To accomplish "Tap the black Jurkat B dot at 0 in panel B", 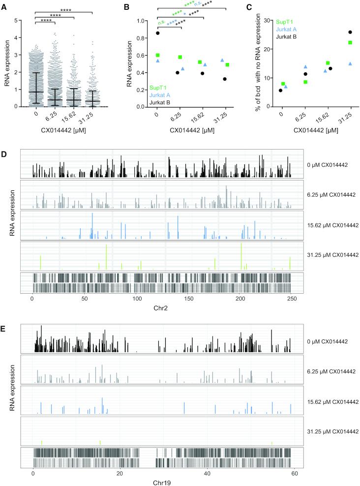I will [158, 33].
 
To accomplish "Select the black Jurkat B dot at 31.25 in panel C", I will [350, 32].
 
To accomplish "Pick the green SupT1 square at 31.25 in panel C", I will [350, 43].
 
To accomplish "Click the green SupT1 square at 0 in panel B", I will [158, 55].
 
